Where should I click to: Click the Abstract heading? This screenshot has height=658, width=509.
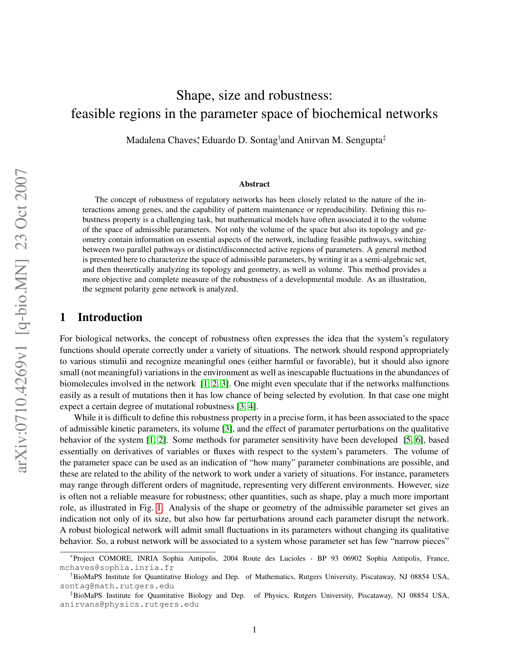tap(254, 184)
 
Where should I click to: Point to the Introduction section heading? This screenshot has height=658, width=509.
tap(110, 317)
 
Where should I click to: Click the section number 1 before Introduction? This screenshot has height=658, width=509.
tap(62, 317)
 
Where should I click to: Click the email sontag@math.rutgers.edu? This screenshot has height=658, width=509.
tap(117, 586)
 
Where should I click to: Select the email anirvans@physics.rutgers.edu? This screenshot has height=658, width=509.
tap(129, 605)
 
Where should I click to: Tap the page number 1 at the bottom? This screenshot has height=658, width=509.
tap(254, 630)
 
